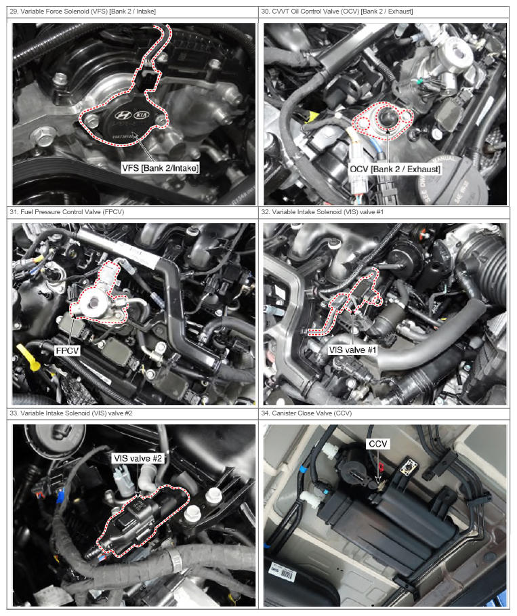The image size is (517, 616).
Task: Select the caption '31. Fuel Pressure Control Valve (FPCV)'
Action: pyautogui.click(x=67, y=211)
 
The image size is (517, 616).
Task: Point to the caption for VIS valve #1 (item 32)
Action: pyautogui.click(x=322, y=211)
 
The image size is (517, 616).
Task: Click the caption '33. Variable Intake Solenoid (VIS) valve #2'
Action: pyautogui.click(x=71, y=413)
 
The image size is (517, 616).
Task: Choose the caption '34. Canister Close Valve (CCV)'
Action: pyautogui.click(x=306, y=413)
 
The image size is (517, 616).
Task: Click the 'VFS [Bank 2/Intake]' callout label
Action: pyautogui.click(x=161, y=168)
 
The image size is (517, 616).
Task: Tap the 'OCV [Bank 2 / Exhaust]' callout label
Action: pyautogui.click(x=395, y=169)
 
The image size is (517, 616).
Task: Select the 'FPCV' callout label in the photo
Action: pyautogui.click(x=67, y=350)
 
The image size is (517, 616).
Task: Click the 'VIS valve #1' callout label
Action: pyautogui.click(x=352, y=350)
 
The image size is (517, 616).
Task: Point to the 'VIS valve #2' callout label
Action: pyautogui.click(x=138, y=459)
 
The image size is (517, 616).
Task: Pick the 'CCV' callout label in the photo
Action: pyautogui.click(x=378, y=444)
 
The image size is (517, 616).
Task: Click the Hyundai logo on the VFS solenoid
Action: pyautogui.click(x=123, y=115)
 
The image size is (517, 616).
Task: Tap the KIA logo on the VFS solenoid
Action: pyautogui.click(x=142, y=115)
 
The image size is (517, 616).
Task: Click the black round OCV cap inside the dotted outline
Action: pyautogui.click(x=388, y=119)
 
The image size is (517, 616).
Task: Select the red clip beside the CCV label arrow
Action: pyautogui.click(x=381, y=468)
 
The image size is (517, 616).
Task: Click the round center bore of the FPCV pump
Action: pyautogui.click(x=94, y=302)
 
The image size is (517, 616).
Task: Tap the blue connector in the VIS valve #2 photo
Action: pyautogui.click(x=60, y=496)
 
